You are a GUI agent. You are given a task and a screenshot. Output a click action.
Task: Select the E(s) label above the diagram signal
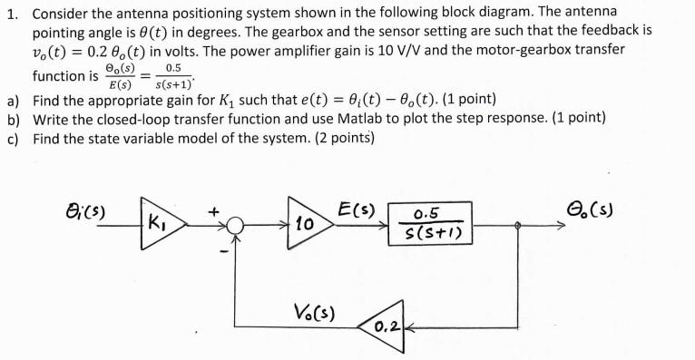pos(354,207)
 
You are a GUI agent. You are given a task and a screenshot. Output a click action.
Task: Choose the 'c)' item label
pos(13,139)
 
